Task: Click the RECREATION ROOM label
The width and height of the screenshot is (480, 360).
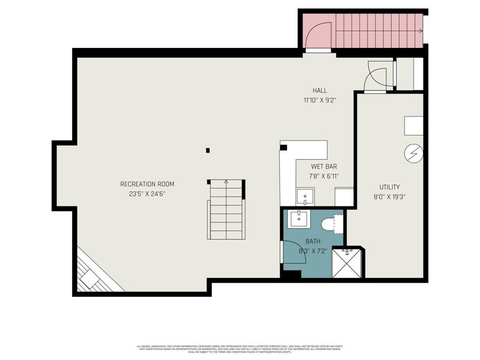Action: [147, 184]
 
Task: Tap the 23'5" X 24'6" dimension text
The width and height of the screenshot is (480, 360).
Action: [147, 194]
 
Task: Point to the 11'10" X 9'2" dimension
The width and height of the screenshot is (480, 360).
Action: [319, 100]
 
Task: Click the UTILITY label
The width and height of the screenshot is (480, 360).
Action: [389, 187]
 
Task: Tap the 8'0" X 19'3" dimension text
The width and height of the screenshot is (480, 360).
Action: [389, 197]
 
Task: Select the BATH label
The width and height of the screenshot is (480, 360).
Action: [312, 241]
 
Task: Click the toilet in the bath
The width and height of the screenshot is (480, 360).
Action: [331, 224]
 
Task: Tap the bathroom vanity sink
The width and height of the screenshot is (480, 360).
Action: [299, 220]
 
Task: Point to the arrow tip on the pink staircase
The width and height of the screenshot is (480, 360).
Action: [421, 30]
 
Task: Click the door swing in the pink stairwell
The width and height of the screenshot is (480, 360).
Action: [318, 36]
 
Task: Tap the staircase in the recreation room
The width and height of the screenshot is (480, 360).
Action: [226, 210]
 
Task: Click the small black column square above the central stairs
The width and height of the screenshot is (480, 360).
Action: [208, 150]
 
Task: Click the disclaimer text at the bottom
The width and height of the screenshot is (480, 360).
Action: [240, 349]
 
